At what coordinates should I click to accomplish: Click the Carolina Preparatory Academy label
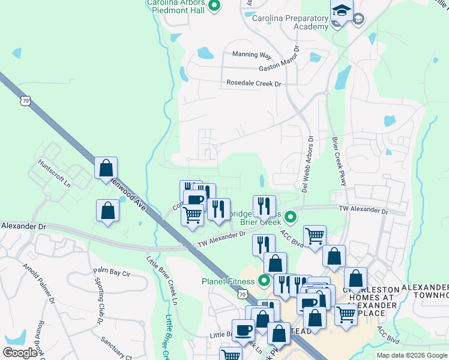(290, 22)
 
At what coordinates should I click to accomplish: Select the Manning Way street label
(252, 55)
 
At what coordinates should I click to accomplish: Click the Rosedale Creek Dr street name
(253, 83)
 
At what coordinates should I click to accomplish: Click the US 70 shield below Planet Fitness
(242, 294)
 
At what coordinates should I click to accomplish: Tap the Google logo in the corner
(20, 352)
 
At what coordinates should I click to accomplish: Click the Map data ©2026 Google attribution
(411, 355)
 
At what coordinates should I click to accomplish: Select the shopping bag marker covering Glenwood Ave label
(106, 169)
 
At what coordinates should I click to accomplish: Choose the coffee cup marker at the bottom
(244, 330)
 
